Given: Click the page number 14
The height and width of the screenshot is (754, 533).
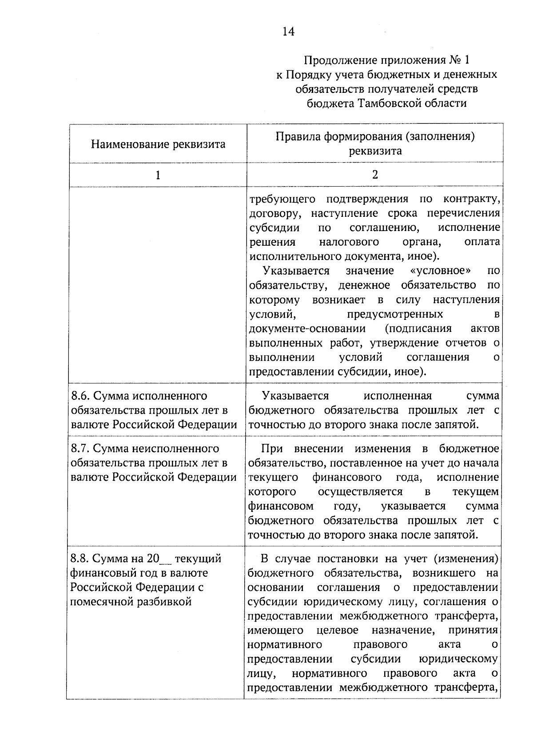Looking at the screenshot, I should (x=288, y=32).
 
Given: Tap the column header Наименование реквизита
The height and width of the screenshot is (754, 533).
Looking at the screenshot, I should (x=158, y=144).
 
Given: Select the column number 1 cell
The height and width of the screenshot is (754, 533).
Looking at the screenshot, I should (x=158, y=175).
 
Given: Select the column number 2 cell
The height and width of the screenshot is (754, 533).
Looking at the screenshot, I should (x=375, y=175).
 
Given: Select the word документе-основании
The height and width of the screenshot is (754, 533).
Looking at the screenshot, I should (x=307, y=328).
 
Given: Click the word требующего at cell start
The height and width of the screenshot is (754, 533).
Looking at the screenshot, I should (x=282, y=199).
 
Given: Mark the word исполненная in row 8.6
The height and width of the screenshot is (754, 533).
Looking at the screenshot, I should (x=398, y=395).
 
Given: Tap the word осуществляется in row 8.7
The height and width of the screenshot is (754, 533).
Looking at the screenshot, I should (x=360, y=492).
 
